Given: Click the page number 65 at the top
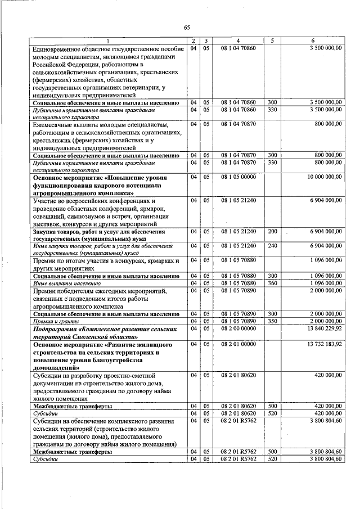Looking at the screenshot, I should coord(187,26).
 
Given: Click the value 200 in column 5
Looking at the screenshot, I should coord(272,231).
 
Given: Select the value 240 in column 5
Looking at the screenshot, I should coord(272,246).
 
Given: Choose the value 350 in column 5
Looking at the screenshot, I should coord(272,321).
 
